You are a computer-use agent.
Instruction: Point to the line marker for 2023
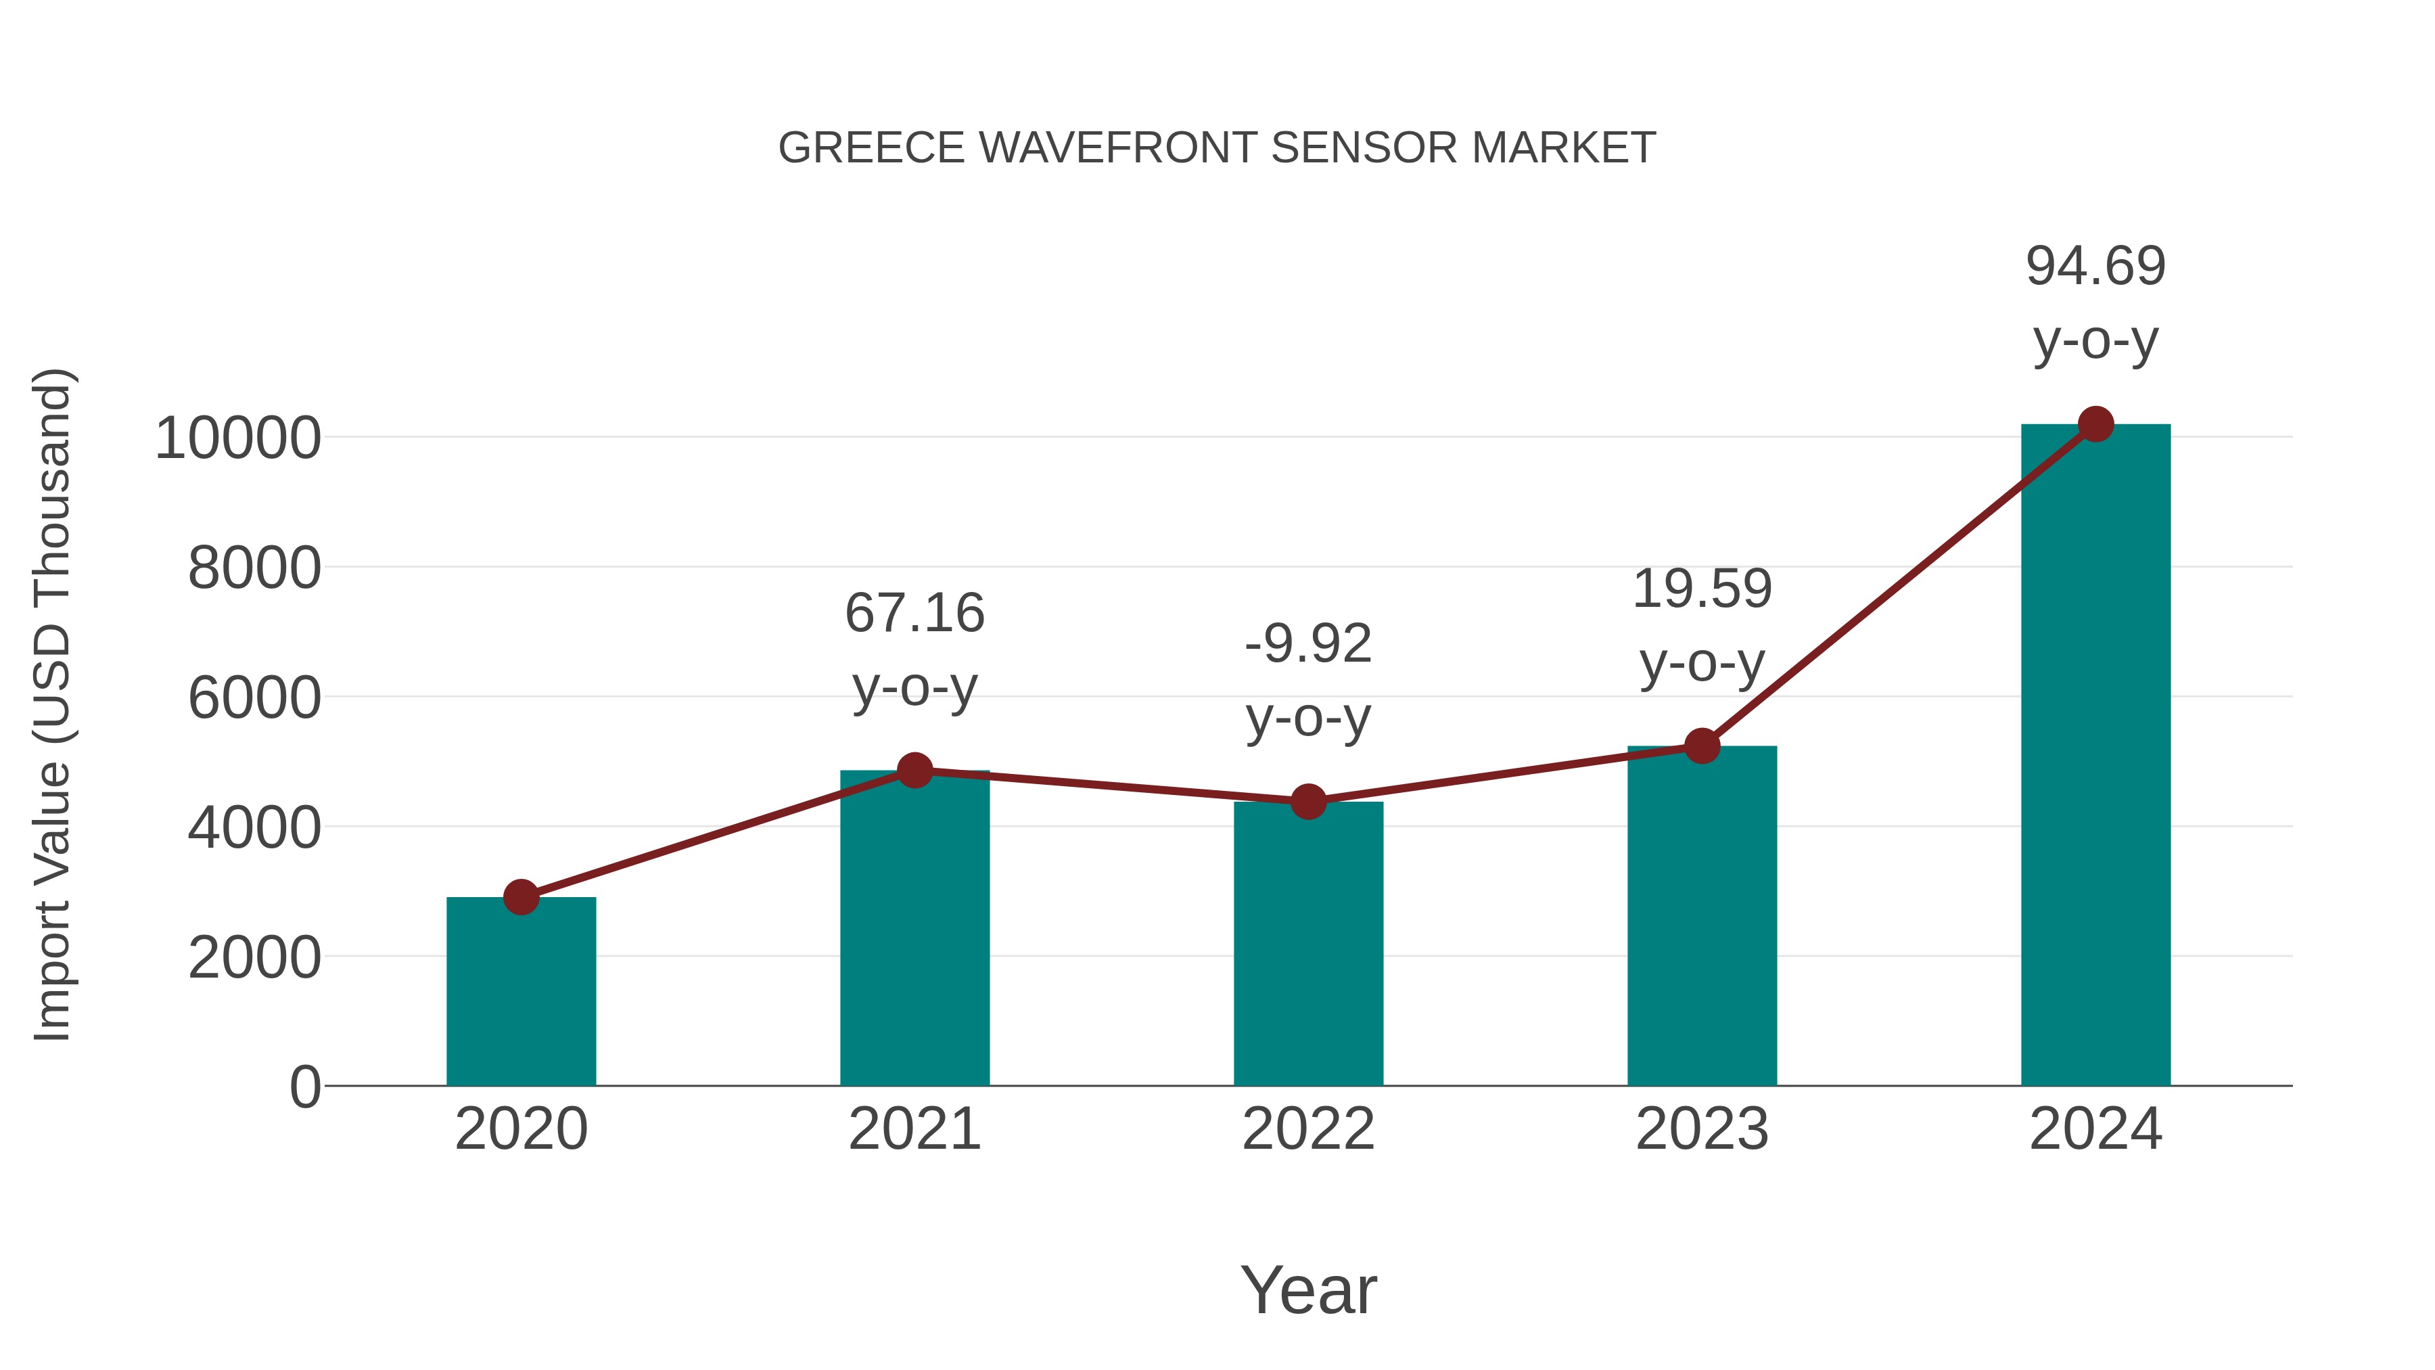pyautogui.click(x=1702, y=746)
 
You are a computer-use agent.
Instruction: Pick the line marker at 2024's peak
pyautogui.click(x=2095, y=424)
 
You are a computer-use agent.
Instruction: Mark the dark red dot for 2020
pyautogui.click(x=521, y=896)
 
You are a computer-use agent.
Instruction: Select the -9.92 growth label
pyautogui.click(x=1308, y=645)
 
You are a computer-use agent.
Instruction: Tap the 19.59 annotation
pyautogui.click(x=1702, y=589)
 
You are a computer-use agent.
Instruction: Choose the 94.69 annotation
pyautogui.click(x=2095, y=266)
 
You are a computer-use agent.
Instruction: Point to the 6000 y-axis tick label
pyautogui.click(x=254, y=699)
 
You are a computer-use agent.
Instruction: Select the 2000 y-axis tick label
pyautogui.click(x=254, y=958)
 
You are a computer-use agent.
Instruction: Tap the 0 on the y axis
pyautogui.click(x=305, y=1087)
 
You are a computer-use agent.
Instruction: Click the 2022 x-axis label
pyautogui.click(x=1308, y=1129)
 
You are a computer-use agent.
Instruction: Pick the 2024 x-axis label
pyautogui.click(x=2095, y=1129)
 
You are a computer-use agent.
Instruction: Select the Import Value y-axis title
pyautogui.click(x=53, y=704)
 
